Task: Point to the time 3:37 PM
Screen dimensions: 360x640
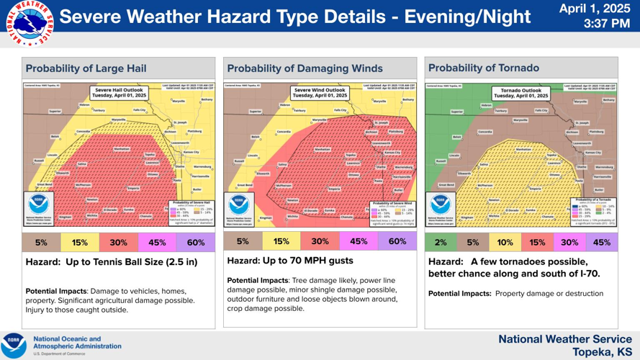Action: tap(606, 24)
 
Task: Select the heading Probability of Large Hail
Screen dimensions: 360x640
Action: tap(86, 69)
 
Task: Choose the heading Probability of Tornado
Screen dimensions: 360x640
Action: tap(483, 68)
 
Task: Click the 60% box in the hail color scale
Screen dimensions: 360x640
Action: tap(196, 243)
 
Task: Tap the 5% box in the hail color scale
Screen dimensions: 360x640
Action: tap(41, 243)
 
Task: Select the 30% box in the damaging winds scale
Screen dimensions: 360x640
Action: tap(320, 242)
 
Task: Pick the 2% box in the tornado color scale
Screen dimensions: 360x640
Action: tap(441, 243)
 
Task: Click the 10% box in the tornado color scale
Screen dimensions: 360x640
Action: tap(505, 243)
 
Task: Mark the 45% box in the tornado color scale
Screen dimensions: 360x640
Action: tap(601, 243)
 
